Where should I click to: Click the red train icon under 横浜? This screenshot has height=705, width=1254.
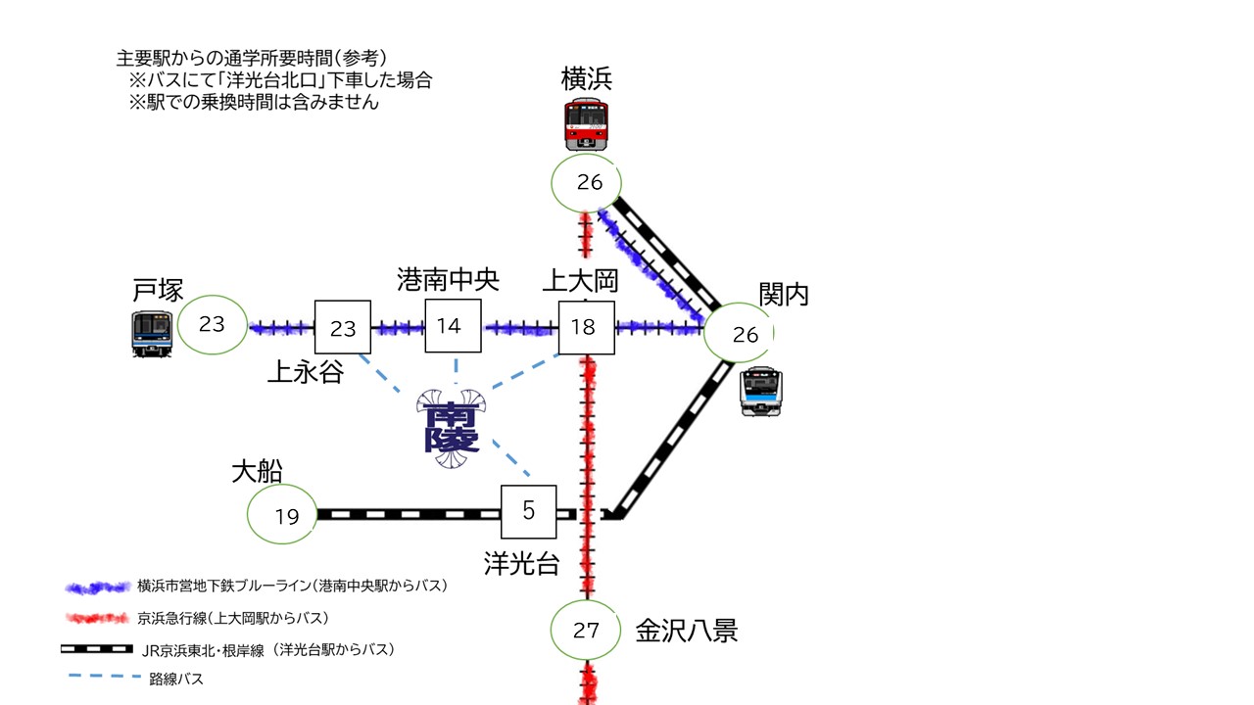(x=586, y=123)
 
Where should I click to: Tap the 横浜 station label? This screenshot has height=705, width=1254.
(x=586, y=78)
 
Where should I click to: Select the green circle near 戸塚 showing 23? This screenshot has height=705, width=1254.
(x=213, y=324)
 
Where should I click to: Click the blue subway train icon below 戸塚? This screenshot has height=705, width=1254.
(x=152, y=333)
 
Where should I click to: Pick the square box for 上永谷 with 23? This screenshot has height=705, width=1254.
(x=342, y=327)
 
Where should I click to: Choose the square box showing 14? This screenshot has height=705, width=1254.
(x=453, y=326)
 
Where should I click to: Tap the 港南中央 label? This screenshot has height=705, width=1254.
(x=448, y=281)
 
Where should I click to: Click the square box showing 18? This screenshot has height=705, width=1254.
(x=586, y=327)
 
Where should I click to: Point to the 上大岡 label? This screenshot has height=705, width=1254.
(x=581, y=282)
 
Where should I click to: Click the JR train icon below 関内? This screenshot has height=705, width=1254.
(x=760, y=392)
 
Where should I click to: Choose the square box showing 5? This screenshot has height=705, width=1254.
(x=529, y=511)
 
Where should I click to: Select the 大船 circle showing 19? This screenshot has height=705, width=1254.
(x=282, y=515)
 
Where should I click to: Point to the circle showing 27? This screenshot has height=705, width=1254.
(x=585, y=630)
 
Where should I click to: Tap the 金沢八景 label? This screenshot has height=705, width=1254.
(x=686, y=630)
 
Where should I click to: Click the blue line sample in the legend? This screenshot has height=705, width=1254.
(x=97, y=587)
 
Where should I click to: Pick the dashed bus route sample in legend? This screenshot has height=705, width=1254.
(x=97, y=677)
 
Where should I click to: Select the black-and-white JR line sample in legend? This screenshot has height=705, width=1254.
(x=97, y=648)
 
